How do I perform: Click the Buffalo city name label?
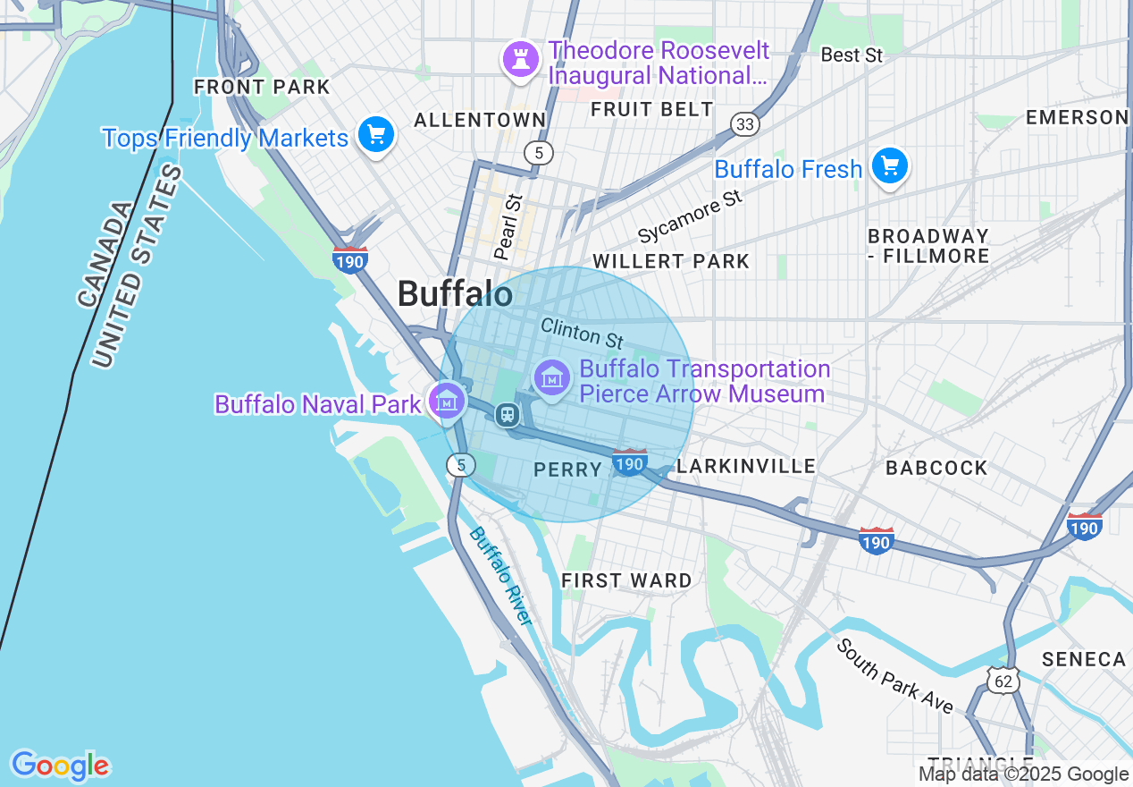tap(455, 294)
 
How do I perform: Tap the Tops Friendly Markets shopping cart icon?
tap(376, 136)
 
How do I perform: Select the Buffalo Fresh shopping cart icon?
tap(890, 167)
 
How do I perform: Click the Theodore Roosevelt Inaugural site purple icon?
tap(518, 59)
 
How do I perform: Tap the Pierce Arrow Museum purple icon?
tap(552, 377)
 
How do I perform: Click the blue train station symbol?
tap(507, 415)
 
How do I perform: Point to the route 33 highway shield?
tap(745, 123)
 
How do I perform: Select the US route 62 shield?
tap(1003, 681)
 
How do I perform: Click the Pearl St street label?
tap(507, 227)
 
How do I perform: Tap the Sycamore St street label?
tap(690, 216)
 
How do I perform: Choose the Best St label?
tap(852, 55)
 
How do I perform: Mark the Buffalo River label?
tap(501, 576)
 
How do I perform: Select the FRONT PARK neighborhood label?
tap(262, 88)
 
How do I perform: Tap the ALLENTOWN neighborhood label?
tap(480, 120)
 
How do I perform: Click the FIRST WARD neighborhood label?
tap(626, 581)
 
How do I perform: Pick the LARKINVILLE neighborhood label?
tap(746, 466)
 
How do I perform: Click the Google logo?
tap(60, 766)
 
